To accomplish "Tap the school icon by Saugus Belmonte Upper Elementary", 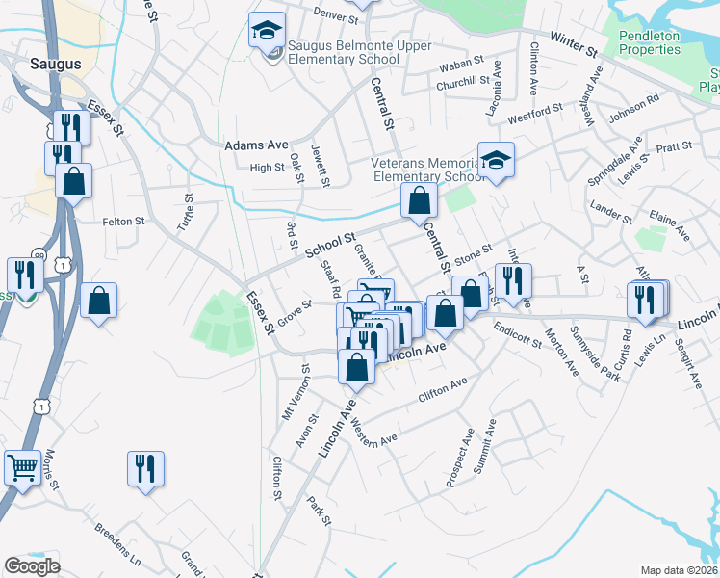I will [267, 30].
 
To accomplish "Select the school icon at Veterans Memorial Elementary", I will [496, 159].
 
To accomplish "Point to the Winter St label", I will [574, 43].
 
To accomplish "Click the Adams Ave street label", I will [256, 145].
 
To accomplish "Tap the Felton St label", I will [123, 222].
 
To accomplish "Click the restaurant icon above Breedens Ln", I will [145, 469].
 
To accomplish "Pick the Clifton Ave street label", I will [442, 389].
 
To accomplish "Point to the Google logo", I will [32, 566].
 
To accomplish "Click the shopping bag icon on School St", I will [419, 201].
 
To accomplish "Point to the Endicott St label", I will [519, 339].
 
